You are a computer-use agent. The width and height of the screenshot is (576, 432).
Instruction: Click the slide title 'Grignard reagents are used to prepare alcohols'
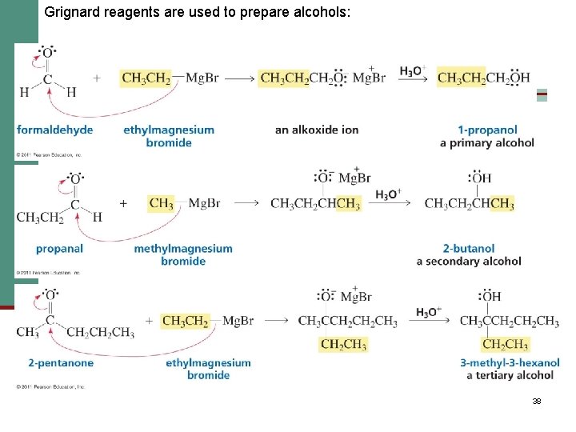click(198, 12)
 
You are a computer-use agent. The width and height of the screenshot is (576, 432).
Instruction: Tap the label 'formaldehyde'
click(54, 130)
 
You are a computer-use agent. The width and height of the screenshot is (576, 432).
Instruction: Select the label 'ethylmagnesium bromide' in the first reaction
click(169, 136)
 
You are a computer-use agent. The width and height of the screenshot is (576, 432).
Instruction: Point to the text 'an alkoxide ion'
click(317, 130)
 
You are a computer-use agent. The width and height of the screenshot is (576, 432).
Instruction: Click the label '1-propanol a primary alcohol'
click(487, 136)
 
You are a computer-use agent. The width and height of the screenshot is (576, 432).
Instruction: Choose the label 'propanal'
click(59, 249)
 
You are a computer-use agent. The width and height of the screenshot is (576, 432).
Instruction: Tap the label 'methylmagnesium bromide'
click(183, 254)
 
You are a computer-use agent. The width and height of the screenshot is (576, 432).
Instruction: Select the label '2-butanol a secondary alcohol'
click(469, 254)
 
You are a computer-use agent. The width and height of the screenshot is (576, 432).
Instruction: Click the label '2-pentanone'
click(61, 362)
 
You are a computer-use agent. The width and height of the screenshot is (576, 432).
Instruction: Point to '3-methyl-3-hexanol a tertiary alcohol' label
click(510, 369)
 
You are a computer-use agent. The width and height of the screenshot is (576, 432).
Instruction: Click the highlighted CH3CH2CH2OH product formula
click(483, 78)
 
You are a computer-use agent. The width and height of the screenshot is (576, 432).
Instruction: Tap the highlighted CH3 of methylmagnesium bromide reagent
click(162, 203)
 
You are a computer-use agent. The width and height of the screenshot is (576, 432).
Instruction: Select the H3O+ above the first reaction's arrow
click(413, 71)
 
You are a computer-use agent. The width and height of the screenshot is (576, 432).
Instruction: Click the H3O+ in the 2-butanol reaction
click(388, 194)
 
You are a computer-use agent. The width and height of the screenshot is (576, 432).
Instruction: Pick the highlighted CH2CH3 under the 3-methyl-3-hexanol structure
click(505, 345)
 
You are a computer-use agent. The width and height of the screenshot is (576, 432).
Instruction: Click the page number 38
click(537, 401)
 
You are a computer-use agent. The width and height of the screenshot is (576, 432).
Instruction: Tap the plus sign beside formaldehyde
click(97, 78)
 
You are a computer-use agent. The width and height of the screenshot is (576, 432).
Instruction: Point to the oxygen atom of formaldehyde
click(47, 54)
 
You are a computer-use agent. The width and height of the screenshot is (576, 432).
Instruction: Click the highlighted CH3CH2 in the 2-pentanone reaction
click(185, 321)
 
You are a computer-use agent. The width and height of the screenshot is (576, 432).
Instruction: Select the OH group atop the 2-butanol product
click(481, 178)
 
